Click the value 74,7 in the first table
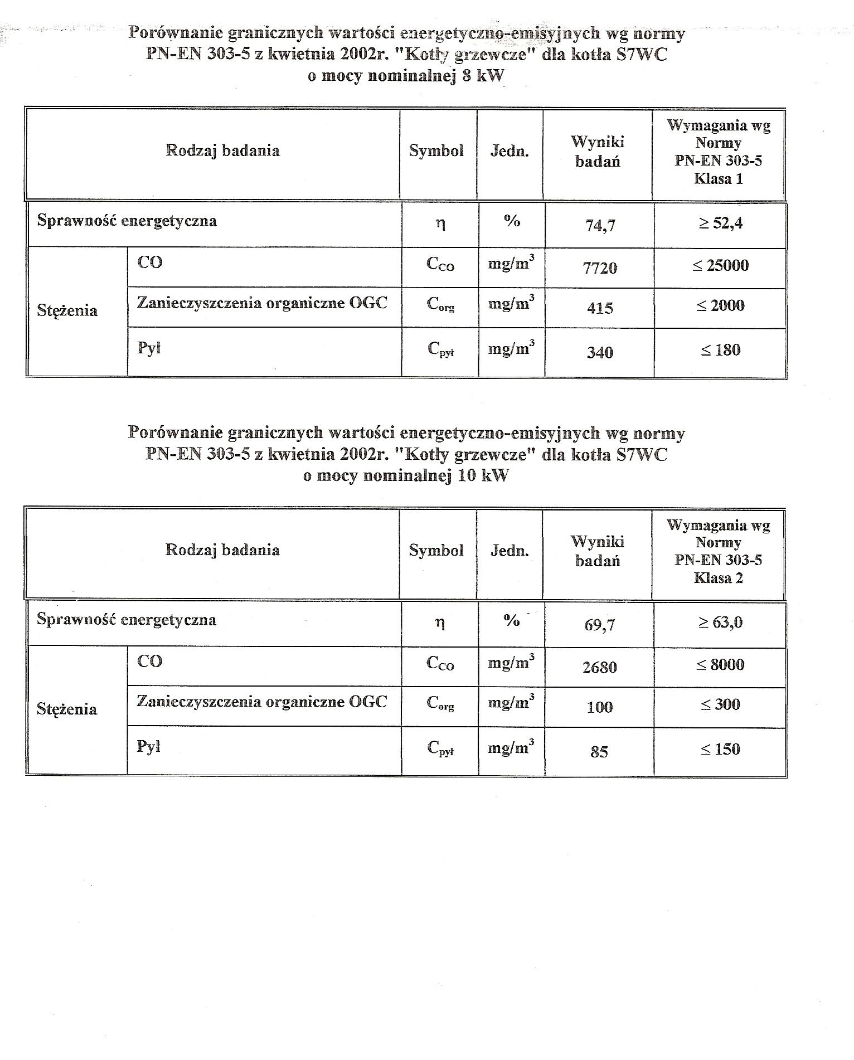[600, 226]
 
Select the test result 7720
[600, 268]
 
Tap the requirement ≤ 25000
[720, 265]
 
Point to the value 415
[600, 308]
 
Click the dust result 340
[600, 352]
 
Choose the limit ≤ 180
[720, 350]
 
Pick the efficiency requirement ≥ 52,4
[720, 223]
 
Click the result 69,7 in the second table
[600, 625]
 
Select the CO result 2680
[600, 667]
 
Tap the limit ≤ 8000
[720, 664]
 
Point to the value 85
[599, 752]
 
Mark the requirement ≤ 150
[720, 749]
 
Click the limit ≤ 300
[720, 704]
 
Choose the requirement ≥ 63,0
[720, 623]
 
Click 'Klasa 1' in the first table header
[718, 179]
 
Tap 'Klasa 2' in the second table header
[718, 578]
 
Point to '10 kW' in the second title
[483, 476]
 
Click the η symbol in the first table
[440, 224]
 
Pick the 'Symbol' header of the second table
[436, 551]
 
